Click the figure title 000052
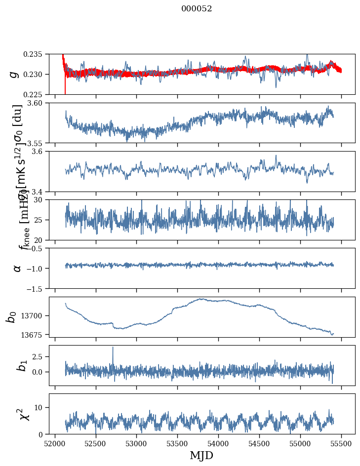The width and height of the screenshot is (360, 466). pyautogui.click(x=197, y=9)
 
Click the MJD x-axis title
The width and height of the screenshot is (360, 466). pyautogui.click(x=201, y=455)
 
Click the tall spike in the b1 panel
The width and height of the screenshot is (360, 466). pyautogui.click(x=113, y=348)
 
